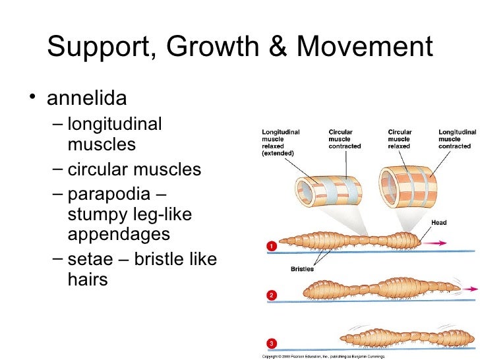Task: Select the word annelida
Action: tap(86, 100)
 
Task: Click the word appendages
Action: tap(119, 234)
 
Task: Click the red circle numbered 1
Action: tap(270, 247)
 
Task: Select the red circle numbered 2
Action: tap(270, 295)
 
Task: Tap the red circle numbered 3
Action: tap(270, 344)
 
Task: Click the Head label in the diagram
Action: tap(439, 223)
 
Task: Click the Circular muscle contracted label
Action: tap(345, 138)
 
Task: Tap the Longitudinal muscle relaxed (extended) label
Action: tap(280, 142)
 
